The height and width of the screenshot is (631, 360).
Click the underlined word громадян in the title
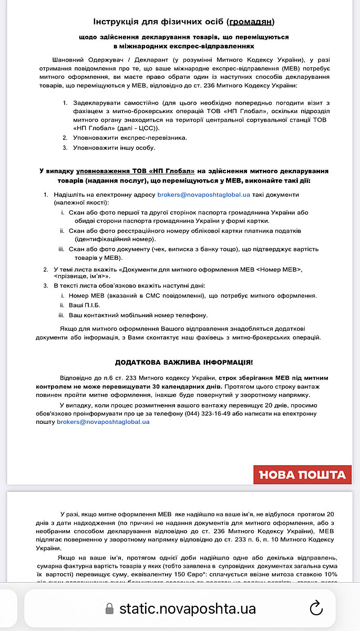pos(251,22)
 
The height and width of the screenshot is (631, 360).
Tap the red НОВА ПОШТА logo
pos(302,475)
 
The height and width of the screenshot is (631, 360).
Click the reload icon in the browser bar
pos(316,608)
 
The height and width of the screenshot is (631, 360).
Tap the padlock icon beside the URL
pos(109,609)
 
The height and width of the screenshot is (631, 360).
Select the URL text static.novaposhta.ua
pos(187,609)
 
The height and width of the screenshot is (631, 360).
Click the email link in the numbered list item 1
pos(203,195)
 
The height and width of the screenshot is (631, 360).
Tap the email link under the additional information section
pos(103,422)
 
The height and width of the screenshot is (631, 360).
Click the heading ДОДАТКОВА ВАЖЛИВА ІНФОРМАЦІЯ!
pos(183,362)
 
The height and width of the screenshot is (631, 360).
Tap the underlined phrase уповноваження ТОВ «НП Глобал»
pos(135,171)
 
